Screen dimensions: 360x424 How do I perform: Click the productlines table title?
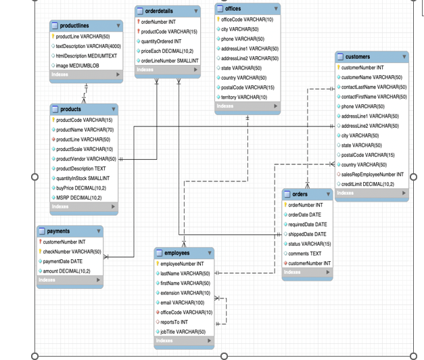point(74,26)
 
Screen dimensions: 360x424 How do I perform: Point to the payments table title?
point(58,231)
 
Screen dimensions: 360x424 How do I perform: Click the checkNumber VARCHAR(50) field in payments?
point(72,252)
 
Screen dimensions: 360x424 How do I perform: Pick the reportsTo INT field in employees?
point(174,322)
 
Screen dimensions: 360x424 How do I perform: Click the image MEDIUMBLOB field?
point(77,65)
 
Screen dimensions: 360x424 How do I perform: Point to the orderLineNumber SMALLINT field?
point(170,60)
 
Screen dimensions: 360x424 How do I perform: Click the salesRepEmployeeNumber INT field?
point(372,175)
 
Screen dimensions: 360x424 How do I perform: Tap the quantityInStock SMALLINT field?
point(83,178)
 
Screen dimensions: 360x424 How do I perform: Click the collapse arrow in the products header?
point(113,109)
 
